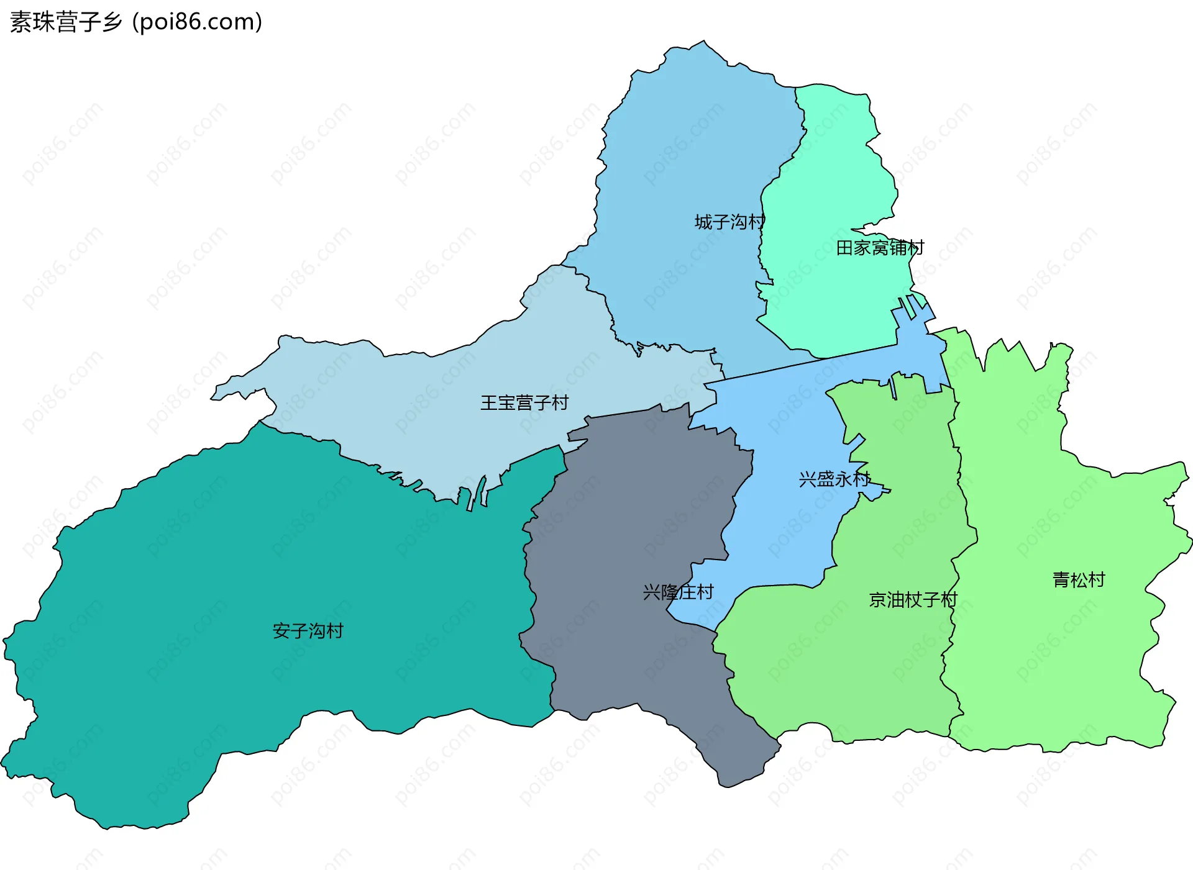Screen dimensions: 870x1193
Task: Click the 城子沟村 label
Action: (x=729, y=222)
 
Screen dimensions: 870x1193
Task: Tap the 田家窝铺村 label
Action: (x=880, y=248)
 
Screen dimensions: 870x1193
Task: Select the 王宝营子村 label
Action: (x=524, y=403)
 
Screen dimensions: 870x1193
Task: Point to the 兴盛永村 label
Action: (x=834, y=479)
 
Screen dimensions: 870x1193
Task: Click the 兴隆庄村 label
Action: (x=678, y=592)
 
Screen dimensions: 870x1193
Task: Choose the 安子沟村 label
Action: (x=308, y=631)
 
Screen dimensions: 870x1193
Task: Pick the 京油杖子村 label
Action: (x=913, y=600)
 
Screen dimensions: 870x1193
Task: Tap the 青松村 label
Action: (x=1079, y=580)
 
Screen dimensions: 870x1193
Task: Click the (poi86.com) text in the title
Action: (x=197, y=22)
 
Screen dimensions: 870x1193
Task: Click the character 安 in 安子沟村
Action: (x=281, y=631)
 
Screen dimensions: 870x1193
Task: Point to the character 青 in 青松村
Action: (x=1061, y=580)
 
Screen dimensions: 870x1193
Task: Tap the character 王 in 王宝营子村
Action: (x=489, y=403)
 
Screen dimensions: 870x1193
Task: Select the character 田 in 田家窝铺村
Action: (x=844, y=248)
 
